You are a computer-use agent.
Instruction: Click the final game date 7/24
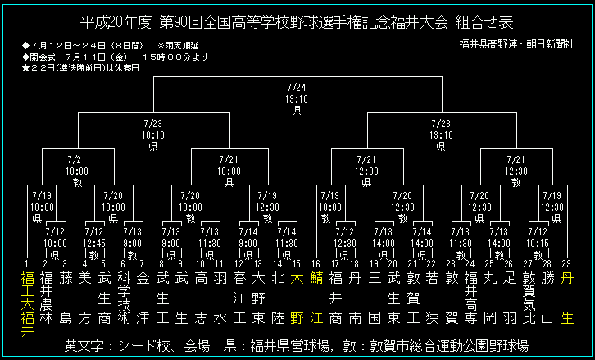297,87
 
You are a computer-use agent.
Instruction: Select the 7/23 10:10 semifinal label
152,124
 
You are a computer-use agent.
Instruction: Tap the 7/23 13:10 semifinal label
440,124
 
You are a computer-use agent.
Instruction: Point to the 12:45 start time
95,243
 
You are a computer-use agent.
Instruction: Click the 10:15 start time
537,243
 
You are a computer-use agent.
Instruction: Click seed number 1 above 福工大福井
26,263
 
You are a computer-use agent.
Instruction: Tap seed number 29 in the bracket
566,263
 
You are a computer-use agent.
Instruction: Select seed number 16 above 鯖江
316,263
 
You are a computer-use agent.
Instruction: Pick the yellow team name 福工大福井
26,303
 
